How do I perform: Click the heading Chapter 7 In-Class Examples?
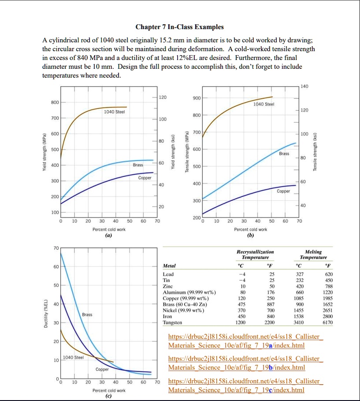[x=179, y=27]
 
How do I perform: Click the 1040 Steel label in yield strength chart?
[x=115, y=112]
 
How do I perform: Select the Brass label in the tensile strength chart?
[x=284, y=154]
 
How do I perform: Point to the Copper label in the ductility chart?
[x=102, y=369]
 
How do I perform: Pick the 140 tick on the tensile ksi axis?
[x=303, y=86]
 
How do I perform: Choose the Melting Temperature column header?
[x=313, y=254]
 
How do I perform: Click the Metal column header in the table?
[x=169, y=266]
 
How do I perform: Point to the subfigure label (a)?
[x=108, y=236]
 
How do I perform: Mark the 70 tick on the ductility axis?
[x=56, y=249]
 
